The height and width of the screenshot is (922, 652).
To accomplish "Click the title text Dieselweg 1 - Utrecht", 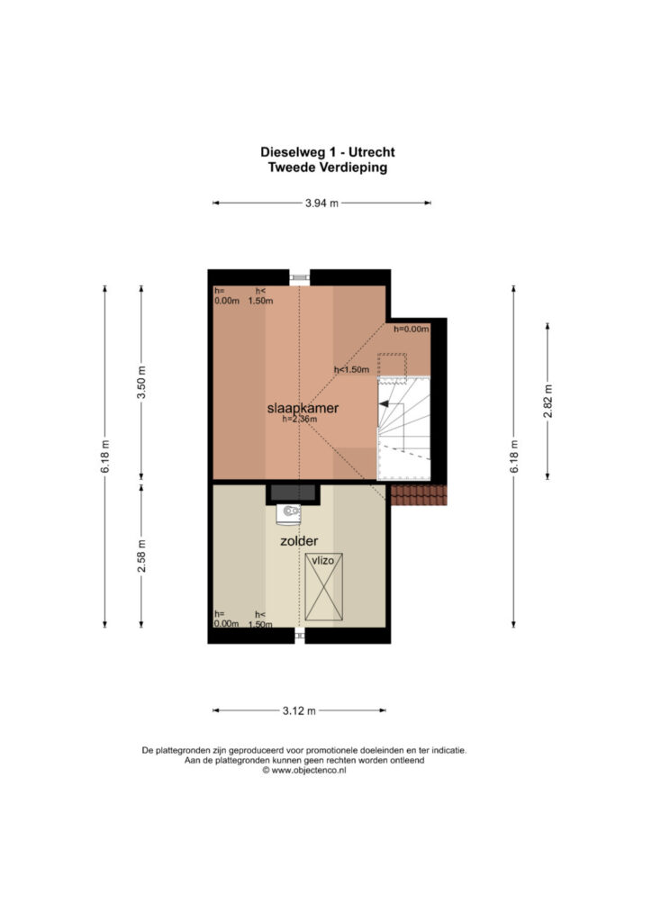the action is (328, 151).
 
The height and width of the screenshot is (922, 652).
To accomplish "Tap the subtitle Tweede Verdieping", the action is (328, 167).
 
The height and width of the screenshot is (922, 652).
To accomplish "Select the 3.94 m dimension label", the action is (321, 203).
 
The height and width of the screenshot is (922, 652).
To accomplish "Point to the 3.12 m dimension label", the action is (299, 711).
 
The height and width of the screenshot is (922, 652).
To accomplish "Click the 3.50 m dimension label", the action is (141, 382).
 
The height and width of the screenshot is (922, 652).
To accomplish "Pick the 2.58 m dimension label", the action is (141, 556).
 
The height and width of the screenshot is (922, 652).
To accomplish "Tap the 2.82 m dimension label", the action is (548, 401).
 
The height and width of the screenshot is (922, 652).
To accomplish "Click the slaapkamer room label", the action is (303, 408).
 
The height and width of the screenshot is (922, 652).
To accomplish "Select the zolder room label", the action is (299, 541).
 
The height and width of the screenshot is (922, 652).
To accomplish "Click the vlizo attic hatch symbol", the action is (323, 586).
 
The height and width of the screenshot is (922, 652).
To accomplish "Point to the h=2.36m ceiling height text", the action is (300, 420).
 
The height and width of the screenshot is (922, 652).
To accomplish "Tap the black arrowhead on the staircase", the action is (384, 404).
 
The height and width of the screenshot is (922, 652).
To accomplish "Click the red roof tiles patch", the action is (419, 495).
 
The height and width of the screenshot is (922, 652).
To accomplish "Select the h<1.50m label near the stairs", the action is (351, 370).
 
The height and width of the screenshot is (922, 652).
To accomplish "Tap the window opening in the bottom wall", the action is (299, 635).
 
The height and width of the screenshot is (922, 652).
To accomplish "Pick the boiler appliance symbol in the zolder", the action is (289, 513).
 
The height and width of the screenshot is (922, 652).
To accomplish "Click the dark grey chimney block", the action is (292, 493).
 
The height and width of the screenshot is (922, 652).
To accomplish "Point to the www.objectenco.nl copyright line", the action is (304, 771).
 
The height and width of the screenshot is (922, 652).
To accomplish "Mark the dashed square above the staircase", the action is (392, 368).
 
